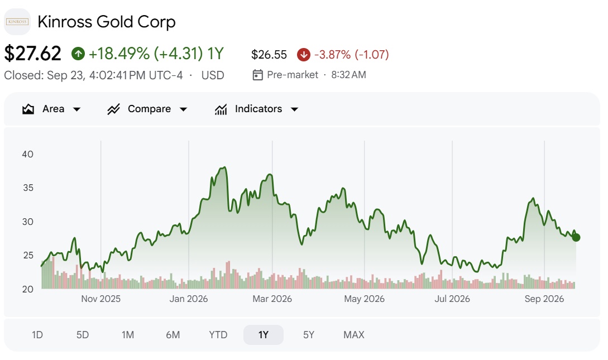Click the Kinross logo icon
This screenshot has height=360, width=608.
17,22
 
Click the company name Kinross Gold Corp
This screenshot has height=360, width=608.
107,22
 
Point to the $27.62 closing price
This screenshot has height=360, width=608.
32,54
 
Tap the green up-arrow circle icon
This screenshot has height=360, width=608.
78,54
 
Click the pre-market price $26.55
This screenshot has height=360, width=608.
269,55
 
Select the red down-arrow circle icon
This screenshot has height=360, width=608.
304,55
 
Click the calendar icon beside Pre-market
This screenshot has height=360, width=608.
257,75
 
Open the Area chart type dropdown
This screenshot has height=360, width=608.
51,109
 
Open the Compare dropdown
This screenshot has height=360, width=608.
147,109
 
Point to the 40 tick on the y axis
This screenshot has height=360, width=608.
27,154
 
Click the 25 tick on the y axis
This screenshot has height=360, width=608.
28,256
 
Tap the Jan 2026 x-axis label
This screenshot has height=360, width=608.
189,299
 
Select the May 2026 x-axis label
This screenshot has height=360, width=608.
364,299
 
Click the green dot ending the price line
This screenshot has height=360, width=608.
576,238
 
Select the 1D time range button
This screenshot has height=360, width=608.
37,335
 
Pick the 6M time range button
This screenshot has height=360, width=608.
173,335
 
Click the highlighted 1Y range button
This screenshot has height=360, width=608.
264,335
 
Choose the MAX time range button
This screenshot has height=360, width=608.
353,335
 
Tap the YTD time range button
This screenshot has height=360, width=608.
218,335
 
